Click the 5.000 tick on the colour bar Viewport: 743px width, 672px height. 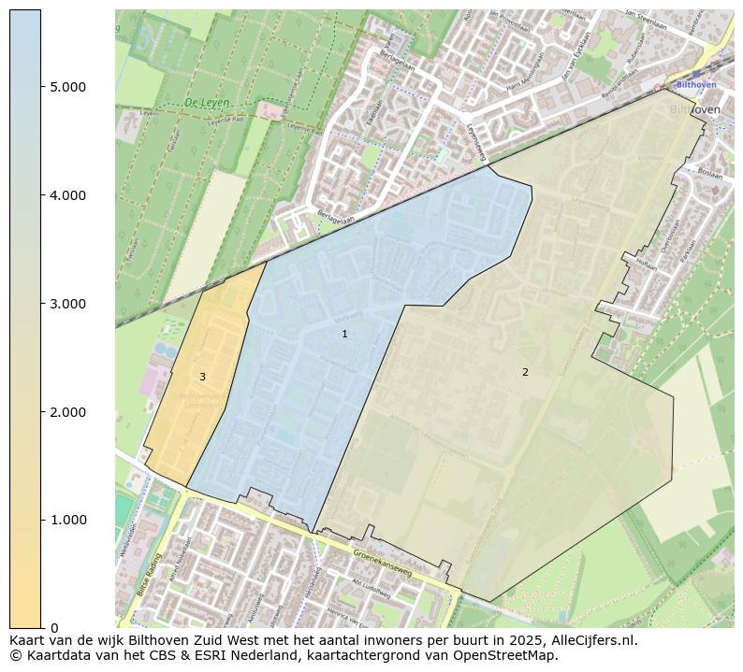(x=68, y=87)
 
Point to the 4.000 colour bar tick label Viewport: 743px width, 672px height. (x=68, y=195)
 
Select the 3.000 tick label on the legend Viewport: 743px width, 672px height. (x=68, y=304)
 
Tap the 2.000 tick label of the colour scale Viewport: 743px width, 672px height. (x=68, y=412)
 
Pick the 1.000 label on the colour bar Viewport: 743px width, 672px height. (x=68, y=520)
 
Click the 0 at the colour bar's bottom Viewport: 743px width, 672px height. (x=54, y=628)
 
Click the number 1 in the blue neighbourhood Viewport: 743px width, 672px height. (x=344, y=334)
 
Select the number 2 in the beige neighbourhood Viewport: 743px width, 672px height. (x=525, y=372)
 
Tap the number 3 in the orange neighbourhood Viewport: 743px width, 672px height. (x=202, y=377)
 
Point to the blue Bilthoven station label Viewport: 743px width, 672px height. (x=695, y=84)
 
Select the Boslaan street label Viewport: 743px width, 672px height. (x=710, y=172)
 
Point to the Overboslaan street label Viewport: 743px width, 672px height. (x=667, y=234)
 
